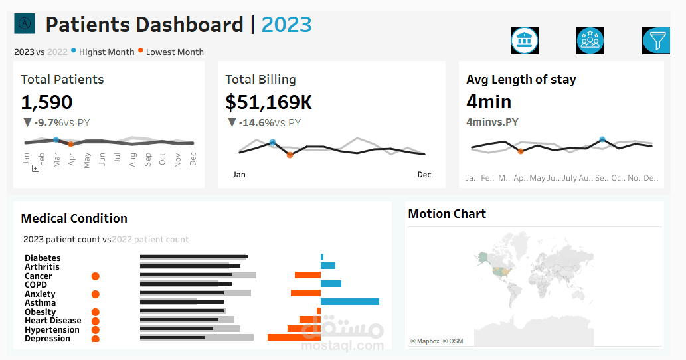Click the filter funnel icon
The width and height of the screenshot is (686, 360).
[x=657, y=41]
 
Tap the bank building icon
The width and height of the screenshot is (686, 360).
[x=525, y=41]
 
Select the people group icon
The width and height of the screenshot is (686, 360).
[x=590, y=41]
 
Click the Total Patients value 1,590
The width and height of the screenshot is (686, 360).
[x=46, y=102]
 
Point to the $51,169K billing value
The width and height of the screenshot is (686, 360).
[x=268, y=102]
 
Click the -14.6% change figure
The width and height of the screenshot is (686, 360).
[x=256, y=122]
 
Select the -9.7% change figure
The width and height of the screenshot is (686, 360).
[x=48, y=122]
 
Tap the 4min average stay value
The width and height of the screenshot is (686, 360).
[x=489, y=102]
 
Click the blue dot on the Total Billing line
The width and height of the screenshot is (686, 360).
[x=272, y=143]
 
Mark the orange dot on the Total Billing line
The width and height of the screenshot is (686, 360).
[x=290, y=155]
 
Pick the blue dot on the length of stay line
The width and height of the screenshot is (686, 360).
[x=602, y=139]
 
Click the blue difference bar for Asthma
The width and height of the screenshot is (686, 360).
[x=350, y=302]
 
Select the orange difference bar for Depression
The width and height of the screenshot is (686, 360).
[x=294, y=337]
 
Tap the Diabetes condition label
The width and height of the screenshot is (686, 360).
[x=43, y=258]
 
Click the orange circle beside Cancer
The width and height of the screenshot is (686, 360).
[x=95, y=276]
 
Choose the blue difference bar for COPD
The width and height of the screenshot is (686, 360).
[x=331, y=284]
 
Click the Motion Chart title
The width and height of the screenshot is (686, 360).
[x=447, y=214]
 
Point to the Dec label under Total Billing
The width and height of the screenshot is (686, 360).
[x=424, y=175]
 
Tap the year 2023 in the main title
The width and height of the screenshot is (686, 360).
[x=286, y=25]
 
